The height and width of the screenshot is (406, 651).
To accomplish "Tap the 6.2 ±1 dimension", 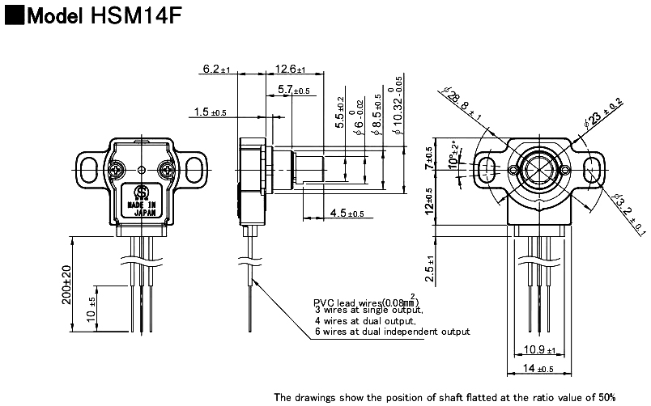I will click(x=217, y=70).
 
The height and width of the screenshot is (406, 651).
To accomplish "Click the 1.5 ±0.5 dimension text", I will click(x=211, y=112).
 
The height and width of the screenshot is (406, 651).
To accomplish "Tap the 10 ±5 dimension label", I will click(x=91, y=307).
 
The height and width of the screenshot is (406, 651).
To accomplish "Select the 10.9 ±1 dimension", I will click(x=538, y=349).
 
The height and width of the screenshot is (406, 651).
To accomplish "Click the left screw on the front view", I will click(x=117, y=170).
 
